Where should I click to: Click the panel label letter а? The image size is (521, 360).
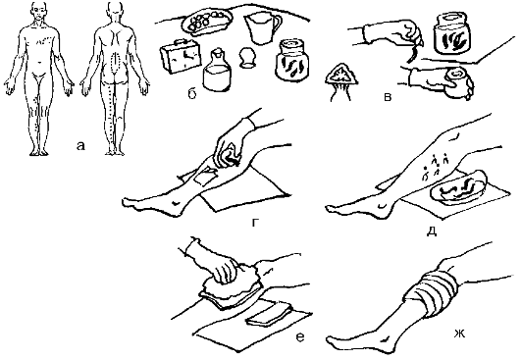point(80,146)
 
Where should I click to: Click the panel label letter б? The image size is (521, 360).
point(192,94)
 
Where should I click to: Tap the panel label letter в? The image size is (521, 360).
point(388,97)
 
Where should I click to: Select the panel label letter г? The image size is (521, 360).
point(255,222)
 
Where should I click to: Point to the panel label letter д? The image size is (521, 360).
point(432,231)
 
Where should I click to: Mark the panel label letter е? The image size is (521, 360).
point(299,337)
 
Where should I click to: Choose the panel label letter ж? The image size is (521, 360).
point(459,334)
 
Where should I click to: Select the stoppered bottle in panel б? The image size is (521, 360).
point(216,71)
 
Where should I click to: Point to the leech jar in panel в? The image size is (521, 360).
point(451,33)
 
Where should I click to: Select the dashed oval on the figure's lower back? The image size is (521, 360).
point(115,64)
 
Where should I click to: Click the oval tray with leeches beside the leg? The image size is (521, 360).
point(458,186)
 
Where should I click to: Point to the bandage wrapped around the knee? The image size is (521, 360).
point(432,288)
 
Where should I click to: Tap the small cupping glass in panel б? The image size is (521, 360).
point(247,58)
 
